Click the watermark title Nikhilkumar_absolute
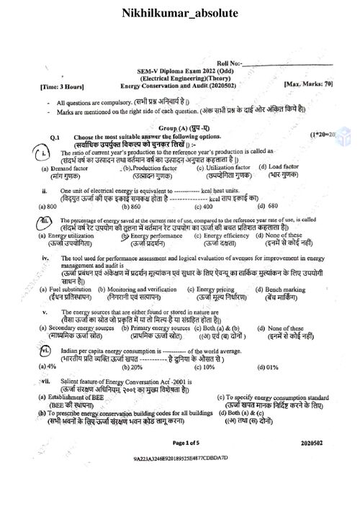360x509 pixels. coord(180,14)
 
